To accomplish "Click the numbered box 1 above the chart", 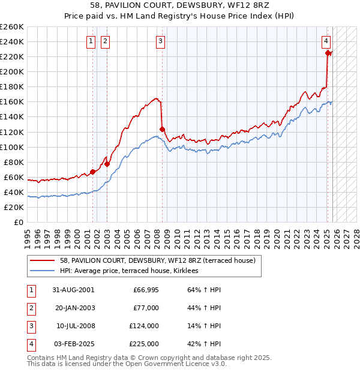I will (90, 41).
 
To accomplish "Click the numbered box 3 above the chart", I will (161, 41).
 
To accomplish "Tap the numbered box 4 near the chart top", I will (326, 41).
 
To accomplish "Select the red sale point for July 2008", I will (162, 128).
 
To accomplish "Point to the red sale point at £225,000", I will (328, 53).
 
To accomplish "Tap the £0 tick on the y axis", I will (19, 222).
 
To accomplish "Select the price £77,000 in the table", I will (146, 308).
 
